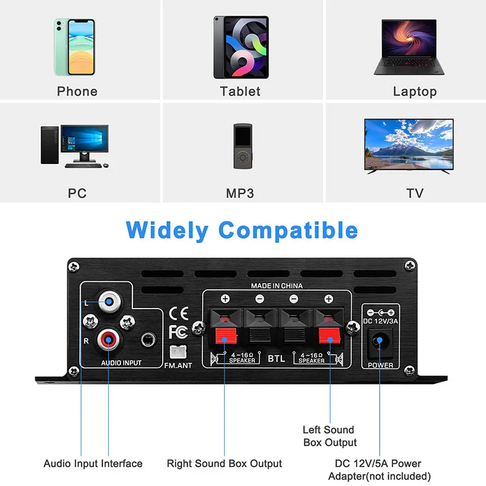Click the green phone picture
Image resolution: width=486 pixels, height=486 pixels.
[x=76, y=47]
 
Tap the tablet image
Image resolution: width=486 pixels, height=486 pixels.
[x=241, y=47]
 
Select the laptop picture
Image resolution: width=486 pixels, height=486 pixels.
[x=408, y=47]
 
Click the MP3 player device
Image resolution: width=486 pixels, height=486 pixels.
[x=241, y=146]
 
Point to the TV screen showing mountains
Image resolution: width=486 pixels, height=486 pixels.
[x=408, y=144]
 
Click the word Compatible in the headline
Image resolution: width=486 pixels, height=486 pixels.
[x=288, y=230]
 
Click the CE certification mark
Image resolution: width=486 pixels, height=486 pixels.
[x=178, y=313]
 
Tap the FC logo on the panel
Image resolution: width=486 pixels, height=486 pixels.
[x=178, y=332]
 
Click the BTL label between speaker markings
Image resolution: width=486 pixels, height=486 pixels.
[x=276, y=358]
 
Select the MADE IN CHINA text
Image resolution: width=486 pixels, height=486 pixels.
[x=276, y=286]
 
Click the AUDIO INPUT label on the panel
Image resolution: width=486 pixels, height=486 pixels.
[x=121, y=363]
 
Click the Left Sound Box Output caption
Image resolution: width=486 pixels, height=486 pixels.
[x=329, y=436]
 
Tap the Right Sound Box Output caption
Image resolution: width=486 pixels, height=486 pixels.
[x=224, y=464]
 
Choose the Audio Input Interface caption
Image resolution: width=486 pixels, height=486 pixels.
[x=93, y=464]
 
